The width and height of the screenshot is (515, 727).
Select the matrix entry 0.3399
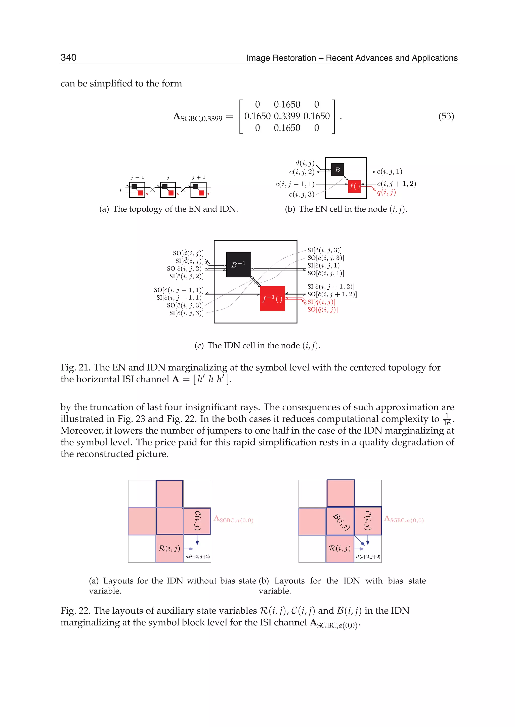pyautogui.click(x=287, y=116)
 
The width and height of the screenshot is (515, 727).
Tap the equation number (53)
pyautogui.click(x=446, y=116)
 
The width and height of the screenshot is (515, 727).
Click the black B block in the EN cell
pyautogui.click(x=337, y=170)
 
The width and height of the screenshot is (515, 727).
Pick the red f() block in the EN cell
pyautogui.click(x=354, y=186)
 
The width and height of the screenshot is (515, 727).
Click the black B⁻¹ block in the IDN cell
pyautogui.click(x=238, y=265)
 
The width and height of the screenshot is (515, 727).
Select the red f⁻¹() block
pyautogui.click(x=272, y=298)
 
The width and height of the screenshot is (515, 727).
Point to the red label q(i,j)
pyautogui.click(x=386, y=192)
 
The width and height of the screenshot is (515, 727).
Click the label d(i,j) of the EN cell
pyautogui.click(x=305, y=163)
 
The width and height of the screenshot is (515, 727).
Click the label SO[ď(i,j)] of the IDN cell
pyautogui.click(x=188, y=253)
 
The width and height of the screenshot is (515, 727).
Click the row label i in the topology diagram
pyautogui.click(x=120, y=190)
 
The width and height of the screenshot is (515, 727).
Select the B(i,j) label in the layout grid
pyautogui.click(x=341, y=522)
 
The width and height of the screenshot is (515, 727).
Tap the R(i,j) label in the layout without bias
pyautogui.click(x=169, y=548)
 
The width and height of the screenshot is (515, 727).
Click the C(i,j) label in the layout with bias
pyautogui.click(x=368, y=520)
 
